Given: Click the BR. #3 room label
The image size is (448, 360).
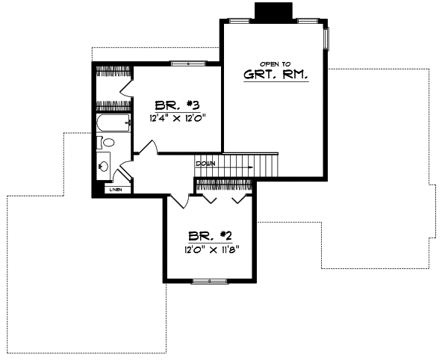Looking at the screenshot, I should click(175, 105).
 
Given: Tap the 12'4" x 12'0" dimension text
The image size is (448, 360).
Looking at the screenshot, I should click(175, 118).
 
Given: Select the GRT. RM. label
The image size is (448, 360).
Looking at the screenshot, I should click(275, 75).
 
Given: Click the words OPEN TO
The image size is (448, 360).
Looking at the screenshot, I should click(274, 64).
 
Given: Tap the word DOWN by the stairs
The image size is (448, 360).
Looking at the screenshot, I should click(205, 163).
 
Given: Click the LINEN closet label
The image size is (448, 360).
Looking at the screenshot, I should click(115, 190).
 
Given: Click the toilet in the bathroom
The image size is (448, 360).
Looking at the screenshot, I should click(108, 142).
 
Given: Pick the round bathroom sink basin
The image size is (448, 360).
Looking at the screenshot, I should click(104, 165).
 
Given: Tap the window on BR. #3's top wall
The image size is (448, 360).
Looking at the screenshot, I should click(184, 63).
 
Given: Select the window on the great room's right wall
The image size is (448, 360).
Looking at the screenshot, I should click(326, 39).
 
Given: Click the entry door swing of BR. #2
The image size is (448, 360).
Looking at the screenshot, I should click(179, 200).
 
